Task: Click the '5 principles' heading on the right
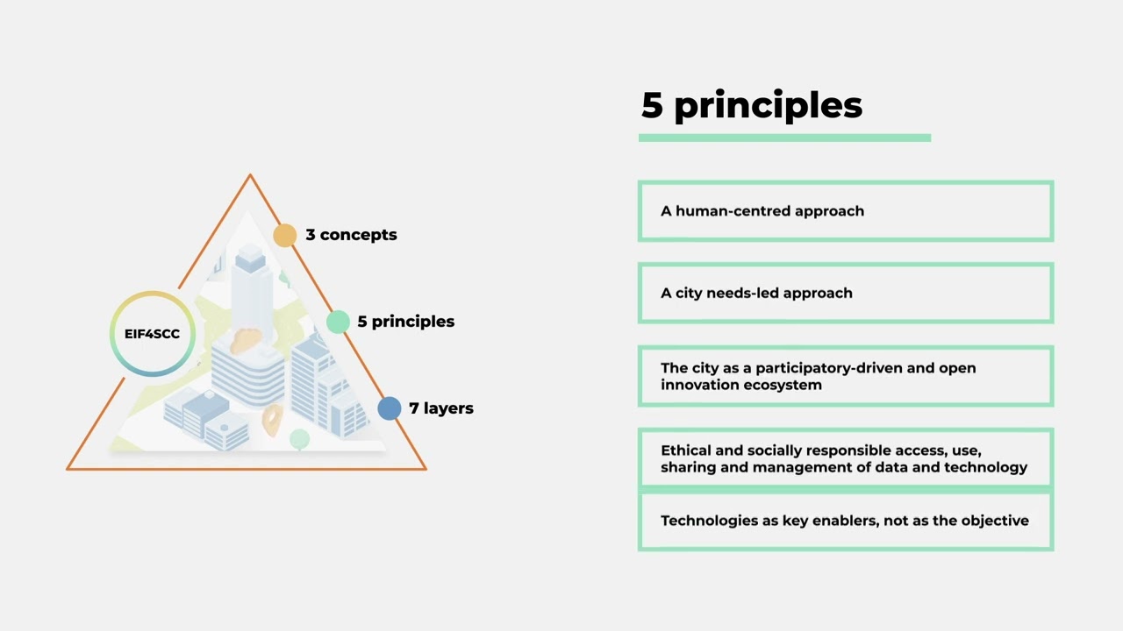[752, 105]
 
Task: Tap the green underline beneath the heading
[784, 138]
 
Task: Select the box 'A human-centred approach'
[845, 211]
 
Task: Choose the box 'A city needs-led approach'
[845, 294]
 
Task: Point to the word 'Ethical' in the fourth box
[685, 450]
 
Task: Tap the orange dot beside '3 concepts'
[285, 235]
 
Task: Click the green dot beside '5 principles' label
[338, 322]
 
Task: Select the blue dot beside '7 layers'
[390, 408]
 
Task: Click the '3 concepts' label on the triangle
[351, 235]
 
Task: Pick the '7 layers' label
[441, 408]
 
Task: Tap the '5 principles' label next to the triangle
[405, 322]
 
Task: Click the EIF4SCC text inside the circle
[152, 334]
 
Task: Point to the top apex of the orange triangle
[250, 176]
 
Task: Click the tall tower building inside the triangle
[250, 280]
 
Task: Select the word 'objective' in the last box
[994, 521]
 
